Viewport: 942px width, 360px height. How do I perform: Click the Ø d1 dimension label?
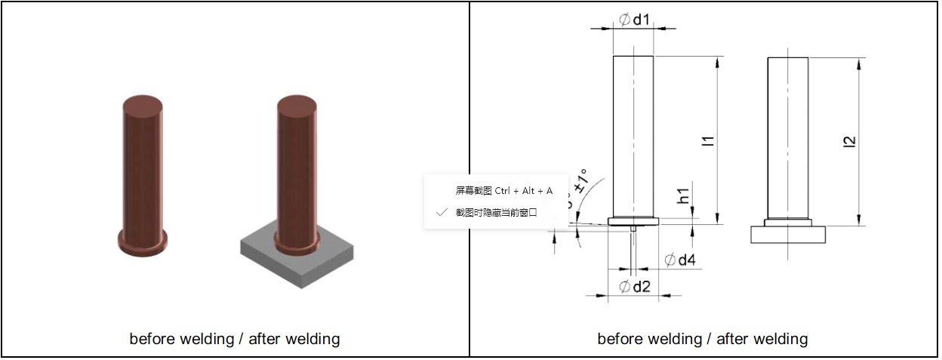(634, 20)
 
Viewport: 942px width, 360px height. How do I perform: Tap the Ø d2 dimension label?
(634, 286)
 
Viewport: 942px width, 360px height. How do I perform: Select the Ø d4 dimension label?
(679, 260)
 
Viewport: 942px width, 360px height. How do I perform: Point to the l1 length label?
(707, 140)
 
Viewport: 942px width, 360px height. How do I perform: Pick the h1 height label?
(684, 195)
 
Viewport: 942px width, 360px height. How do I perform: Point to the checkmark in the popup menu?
(442, 213)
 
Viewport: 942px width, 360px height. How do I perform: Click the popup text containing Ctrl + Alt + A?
(503, 191)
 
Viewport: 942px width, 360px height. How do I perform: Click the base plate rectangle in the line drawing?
(788, 235)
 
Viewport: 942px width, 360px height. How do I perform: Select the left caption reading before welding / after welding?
(234, 339)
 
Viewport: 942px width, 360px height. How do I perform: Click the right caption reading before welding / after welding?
(702, 339)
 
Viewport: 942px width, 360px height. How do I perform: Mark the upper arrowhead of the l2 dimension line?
(859, 62)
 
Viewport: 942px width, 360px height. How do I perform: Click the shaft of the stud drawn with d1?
(633, 136)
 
